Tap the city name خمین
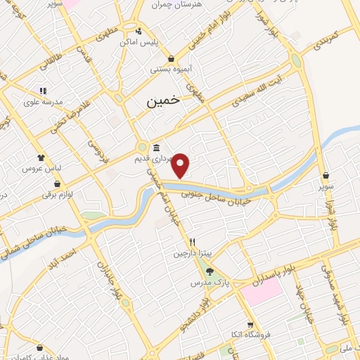163,101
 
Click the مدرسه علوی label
43,101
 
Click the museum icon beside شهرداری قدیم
155,148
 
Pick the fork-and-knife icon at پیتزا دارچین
182,242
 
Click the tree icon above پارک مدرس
210,271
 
